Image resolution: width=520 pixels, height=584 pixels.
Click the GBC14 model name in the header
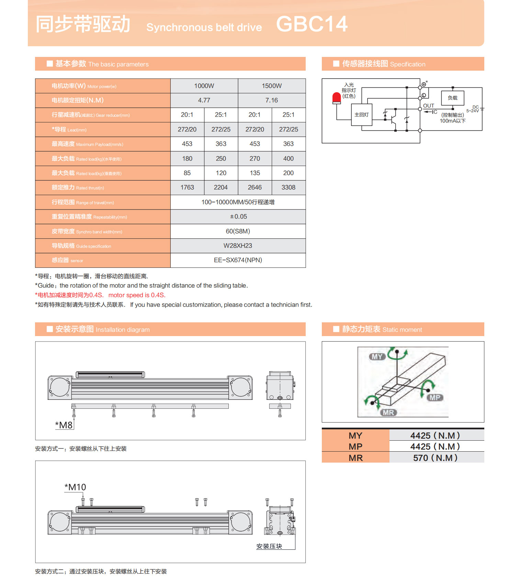(x=312, y=24)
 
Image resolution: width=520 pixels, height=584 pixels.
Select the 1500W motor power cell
(x=272, y=86)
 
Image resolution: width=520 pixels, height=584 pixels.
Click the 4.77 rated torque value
(x=204, y=100)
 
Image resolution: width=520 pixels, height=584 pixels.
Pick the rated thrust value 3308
(x=288, y=187)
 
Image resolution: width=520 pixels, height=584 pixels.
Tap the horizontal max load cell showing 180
(x=187, y=158)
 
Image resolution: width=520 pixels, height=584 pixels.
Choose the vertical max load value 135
(x=255, y=173)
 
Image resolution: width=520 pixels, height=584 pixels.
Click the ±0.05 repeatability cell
(x=238, y=216)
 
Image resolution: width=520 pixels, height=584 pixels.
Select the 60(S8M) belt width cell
(x=238, y=231)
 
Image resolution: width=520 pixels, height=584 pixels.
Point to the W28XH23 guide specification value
(x=238, y=246)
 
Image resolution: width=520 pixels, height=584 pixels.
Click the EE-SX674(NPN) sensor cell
(x=238, y=260)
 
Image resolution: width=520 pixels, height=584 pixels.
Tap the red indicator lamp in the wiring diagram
(x=337, y=98)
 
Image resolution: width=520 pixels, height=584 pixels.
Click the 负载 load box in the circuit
(x=452, y=98)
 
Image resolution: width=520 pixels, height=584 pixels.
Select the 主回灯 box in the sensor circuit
(x=361, y=115)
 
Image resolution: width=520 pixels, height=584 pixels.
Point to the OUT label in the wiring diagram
(x=428, y=106)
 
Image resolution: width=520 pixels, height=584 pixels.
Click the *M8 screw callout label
(x=64, y=425)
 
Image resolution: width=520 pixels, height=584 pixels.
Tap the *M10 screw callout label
(x=75, y=487)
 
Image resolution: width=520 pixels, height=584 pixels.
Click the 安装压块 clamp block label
(x=269, y=546)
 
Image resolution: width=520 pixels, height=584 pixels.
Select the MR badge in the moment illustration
(x=388, y=413)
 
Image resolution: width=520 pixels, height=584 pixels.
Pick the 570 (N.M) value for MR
(x=435, y=458)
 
